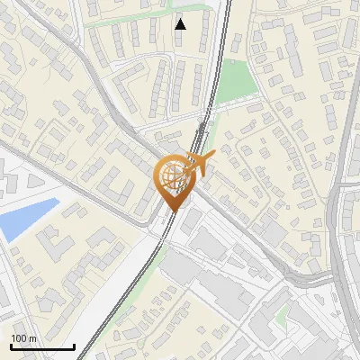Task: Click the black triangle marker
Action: (x=181, y=24)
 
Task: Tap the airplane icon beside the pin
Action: (x=200, y=162)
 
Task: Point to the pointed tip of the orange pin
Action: (x=171, y=210)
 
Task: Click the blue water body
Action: (x=27, y=219)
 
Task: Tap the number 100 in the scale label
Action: (x=19, y=338)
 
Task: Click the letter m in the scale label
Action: (x=32, y=338)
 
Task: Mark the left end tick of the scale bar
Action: (x=11, y=346)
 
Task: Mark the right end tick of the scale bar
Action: (x=74, y=346)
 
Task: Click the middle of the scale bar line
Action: (x=42, y=347)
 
